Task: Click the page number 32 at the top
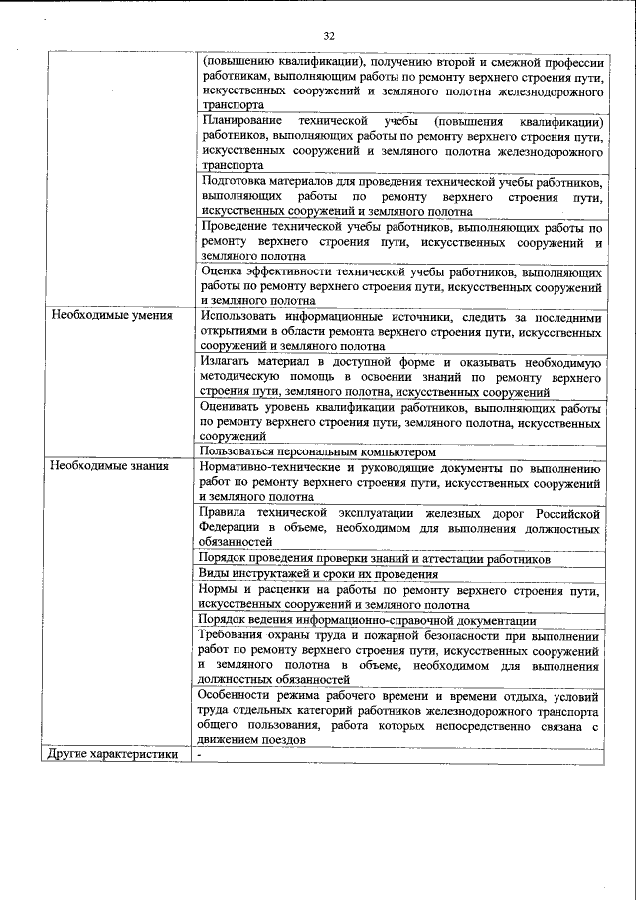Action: pyautogui.click(x=329, y=36)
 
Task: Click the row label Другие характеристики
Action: pyautogui.click(x=111, y=754)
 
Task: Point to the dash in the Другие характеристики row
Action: pyautogui.click(x=200, y=755)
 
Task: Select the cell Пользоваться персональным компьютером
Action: pyautogui.click(x=318, y=451)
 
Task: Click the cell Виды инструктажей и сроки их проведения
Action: pyautogui.click(x=318, y=574)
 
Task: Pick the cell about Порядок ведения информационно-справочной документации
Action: pyautogui.click(x=352, y=619)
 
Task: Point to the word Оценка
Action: pyautogui.click(x=222, y=270)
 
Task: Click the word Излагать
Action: pyautogui.click(x=228, y=362)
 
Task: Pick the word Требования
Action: pyautogui.click(x=236, y=634)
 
